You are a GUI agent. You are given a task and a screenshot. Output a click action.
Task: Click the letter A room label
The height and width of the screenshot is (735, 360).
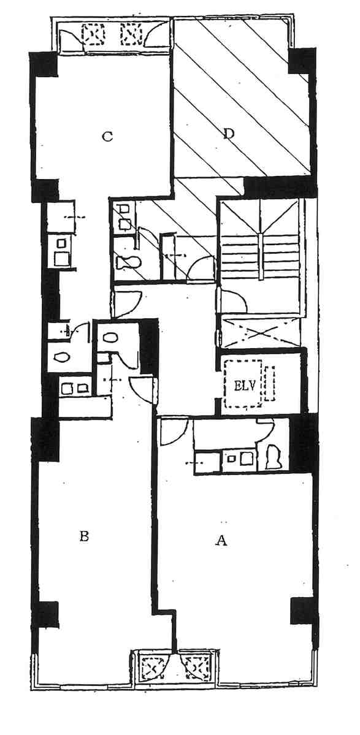(221, 541)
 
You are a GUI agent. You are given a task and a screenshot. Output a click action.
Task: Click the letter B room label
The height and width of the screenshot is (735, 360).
(85, 536)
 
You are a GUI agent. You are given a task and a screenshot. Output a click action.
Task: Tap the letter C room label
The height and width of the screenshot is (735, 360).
(107, 137)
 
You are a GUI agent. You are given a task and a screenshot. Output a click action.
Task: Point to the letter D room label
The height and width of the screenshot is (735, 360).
(228, 134)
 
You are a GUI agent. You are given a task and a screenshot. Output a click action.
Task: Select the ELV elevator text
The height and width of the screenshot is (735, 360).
(242, 387)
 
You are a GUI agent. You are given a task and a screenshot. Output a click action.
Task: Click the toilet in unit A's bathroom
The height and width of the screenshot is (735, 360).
(272, 457)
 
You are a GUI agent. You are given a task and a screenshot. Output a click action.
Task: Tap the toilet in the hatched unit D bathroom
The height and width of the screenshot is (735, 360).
(128, 262)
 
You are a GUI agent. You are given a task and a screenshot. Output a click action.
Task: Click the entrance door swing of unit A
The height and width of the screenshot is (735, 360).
(174, 432)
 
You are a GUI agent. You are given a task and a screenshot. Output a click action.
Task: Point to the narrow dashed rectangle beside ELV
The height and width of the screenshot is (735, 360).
(269, 383)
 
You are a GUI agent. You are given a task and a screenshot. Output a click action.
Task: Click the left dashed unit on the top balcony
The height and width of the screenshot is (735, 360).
(93, 34)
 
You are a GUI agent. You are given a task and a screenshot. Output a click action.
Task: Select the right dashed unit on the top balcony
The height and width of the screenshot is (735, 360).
(131, 34)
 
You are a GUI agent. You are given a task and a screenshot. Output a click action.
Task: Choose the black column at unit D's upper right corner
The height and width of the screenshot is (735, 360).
(301, 61)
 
